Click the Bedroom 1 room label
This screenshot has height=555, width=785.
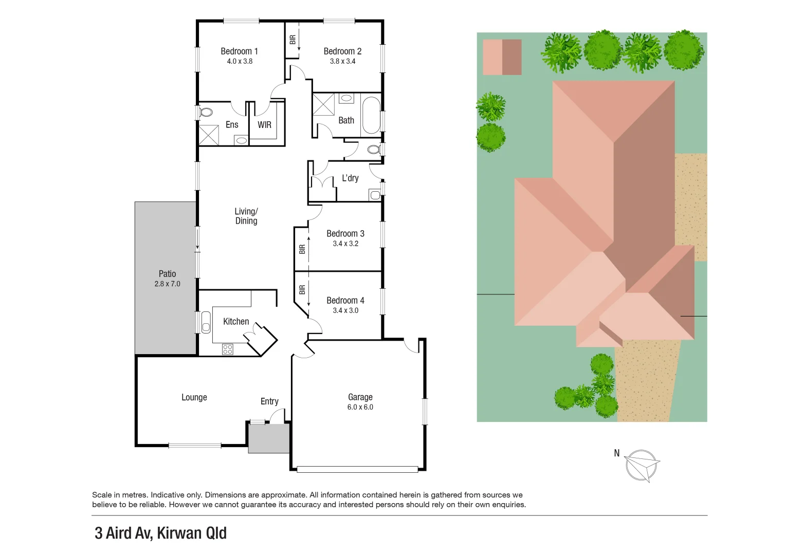pos(239,51)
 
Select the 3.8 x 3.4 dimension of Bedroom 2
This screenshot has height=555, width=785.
pos(342,61)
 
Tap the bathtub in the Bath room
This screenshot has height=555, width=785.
pos(371,115)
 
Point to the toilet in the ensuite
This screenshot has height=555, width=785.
pos(206,112)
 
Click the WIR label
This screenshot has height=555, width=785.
pos(264,125)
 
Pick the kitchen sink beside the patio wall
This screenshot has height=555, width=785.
pos(206,322)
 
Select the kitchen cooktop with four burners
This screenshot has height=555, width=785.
pos(228,349)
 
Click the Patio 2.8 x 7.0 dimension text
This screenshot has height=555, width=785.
pos(167,284)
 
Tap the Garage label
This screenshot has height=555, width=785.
pos(360,397)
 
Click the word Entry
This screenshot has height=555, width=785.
pos(269,401)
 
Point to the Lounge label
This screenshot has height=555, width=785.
pos(194,397)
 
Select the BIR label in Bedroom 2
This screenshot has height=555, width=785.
pos(293,40)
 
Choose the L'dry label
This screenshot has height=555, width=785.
pos(350,178)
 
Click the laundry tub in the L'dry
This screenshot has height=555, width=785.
pos(375,195)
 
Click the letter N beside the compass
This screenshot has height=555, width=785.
pos(616,453)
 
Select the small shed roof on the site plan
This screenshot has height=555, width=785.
pos(502,57)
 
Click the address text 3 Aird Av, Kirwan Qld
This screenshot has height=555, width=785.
pos(160,533)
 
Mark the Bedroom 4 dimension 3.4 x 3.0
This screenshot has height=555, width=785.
pos(345,310)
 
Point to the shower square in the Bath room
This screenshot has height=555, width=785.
pos(323,104)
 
